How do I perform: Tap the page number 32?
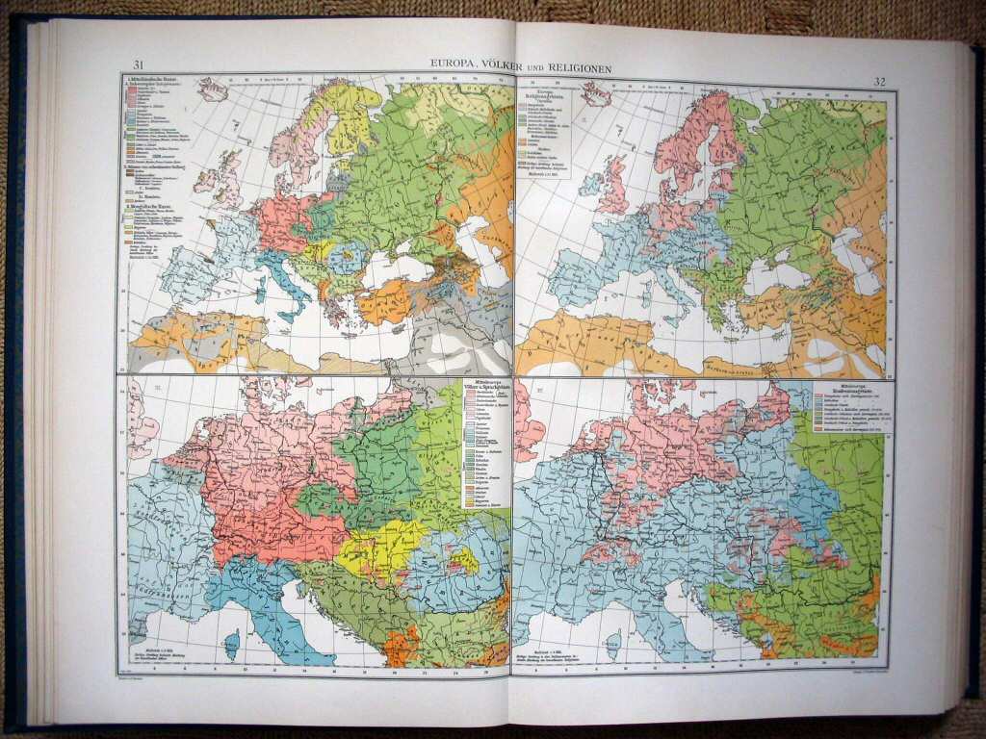878,81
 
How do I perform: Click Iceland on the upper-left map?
212,89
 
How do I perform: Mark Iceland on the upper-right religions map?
596,94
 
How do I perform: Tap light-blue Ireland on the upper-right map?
589,184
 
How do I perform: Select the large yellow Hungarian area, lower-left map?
380,548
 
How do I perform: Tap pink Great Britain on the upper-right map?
613,188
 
